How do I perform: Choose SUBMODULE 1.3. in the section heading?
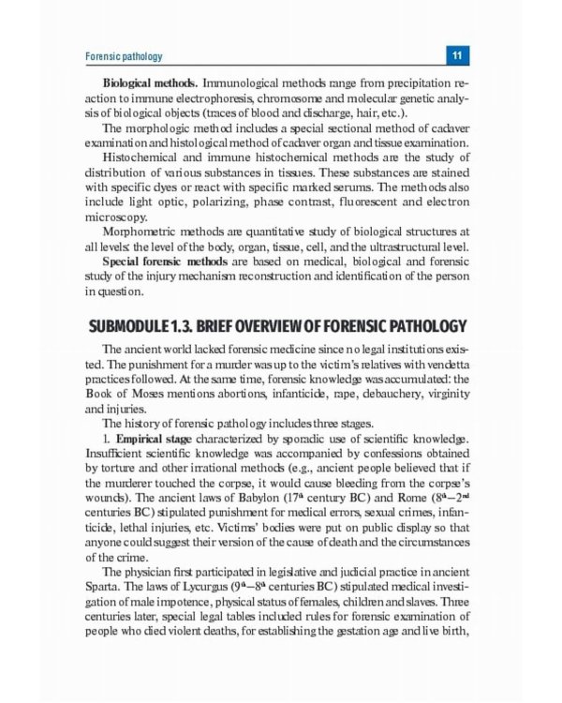pos(143,325)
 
